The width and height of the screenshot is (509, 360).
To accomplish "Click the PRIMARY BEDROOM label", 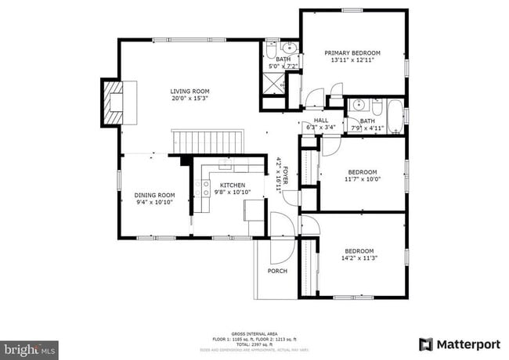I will tap(352, 53).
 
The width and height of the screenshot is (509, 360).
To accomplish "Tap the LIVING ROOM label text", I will tap(190, 92).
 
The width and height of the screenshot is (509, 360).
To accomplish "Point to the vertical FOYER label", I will tap(285, 176).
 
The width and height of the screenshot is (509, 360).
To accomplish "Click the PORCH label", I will tap(277, 271).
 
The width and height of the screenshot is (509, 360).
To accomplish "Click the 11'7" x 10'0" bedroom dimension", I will tap(362, 179).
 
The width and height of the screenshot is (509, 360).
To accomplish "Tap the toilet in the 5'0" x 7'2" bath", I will tap(270, 48).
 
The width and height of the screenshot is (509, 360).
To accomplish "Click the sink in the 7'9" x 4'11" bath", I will tap(359, 105).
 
